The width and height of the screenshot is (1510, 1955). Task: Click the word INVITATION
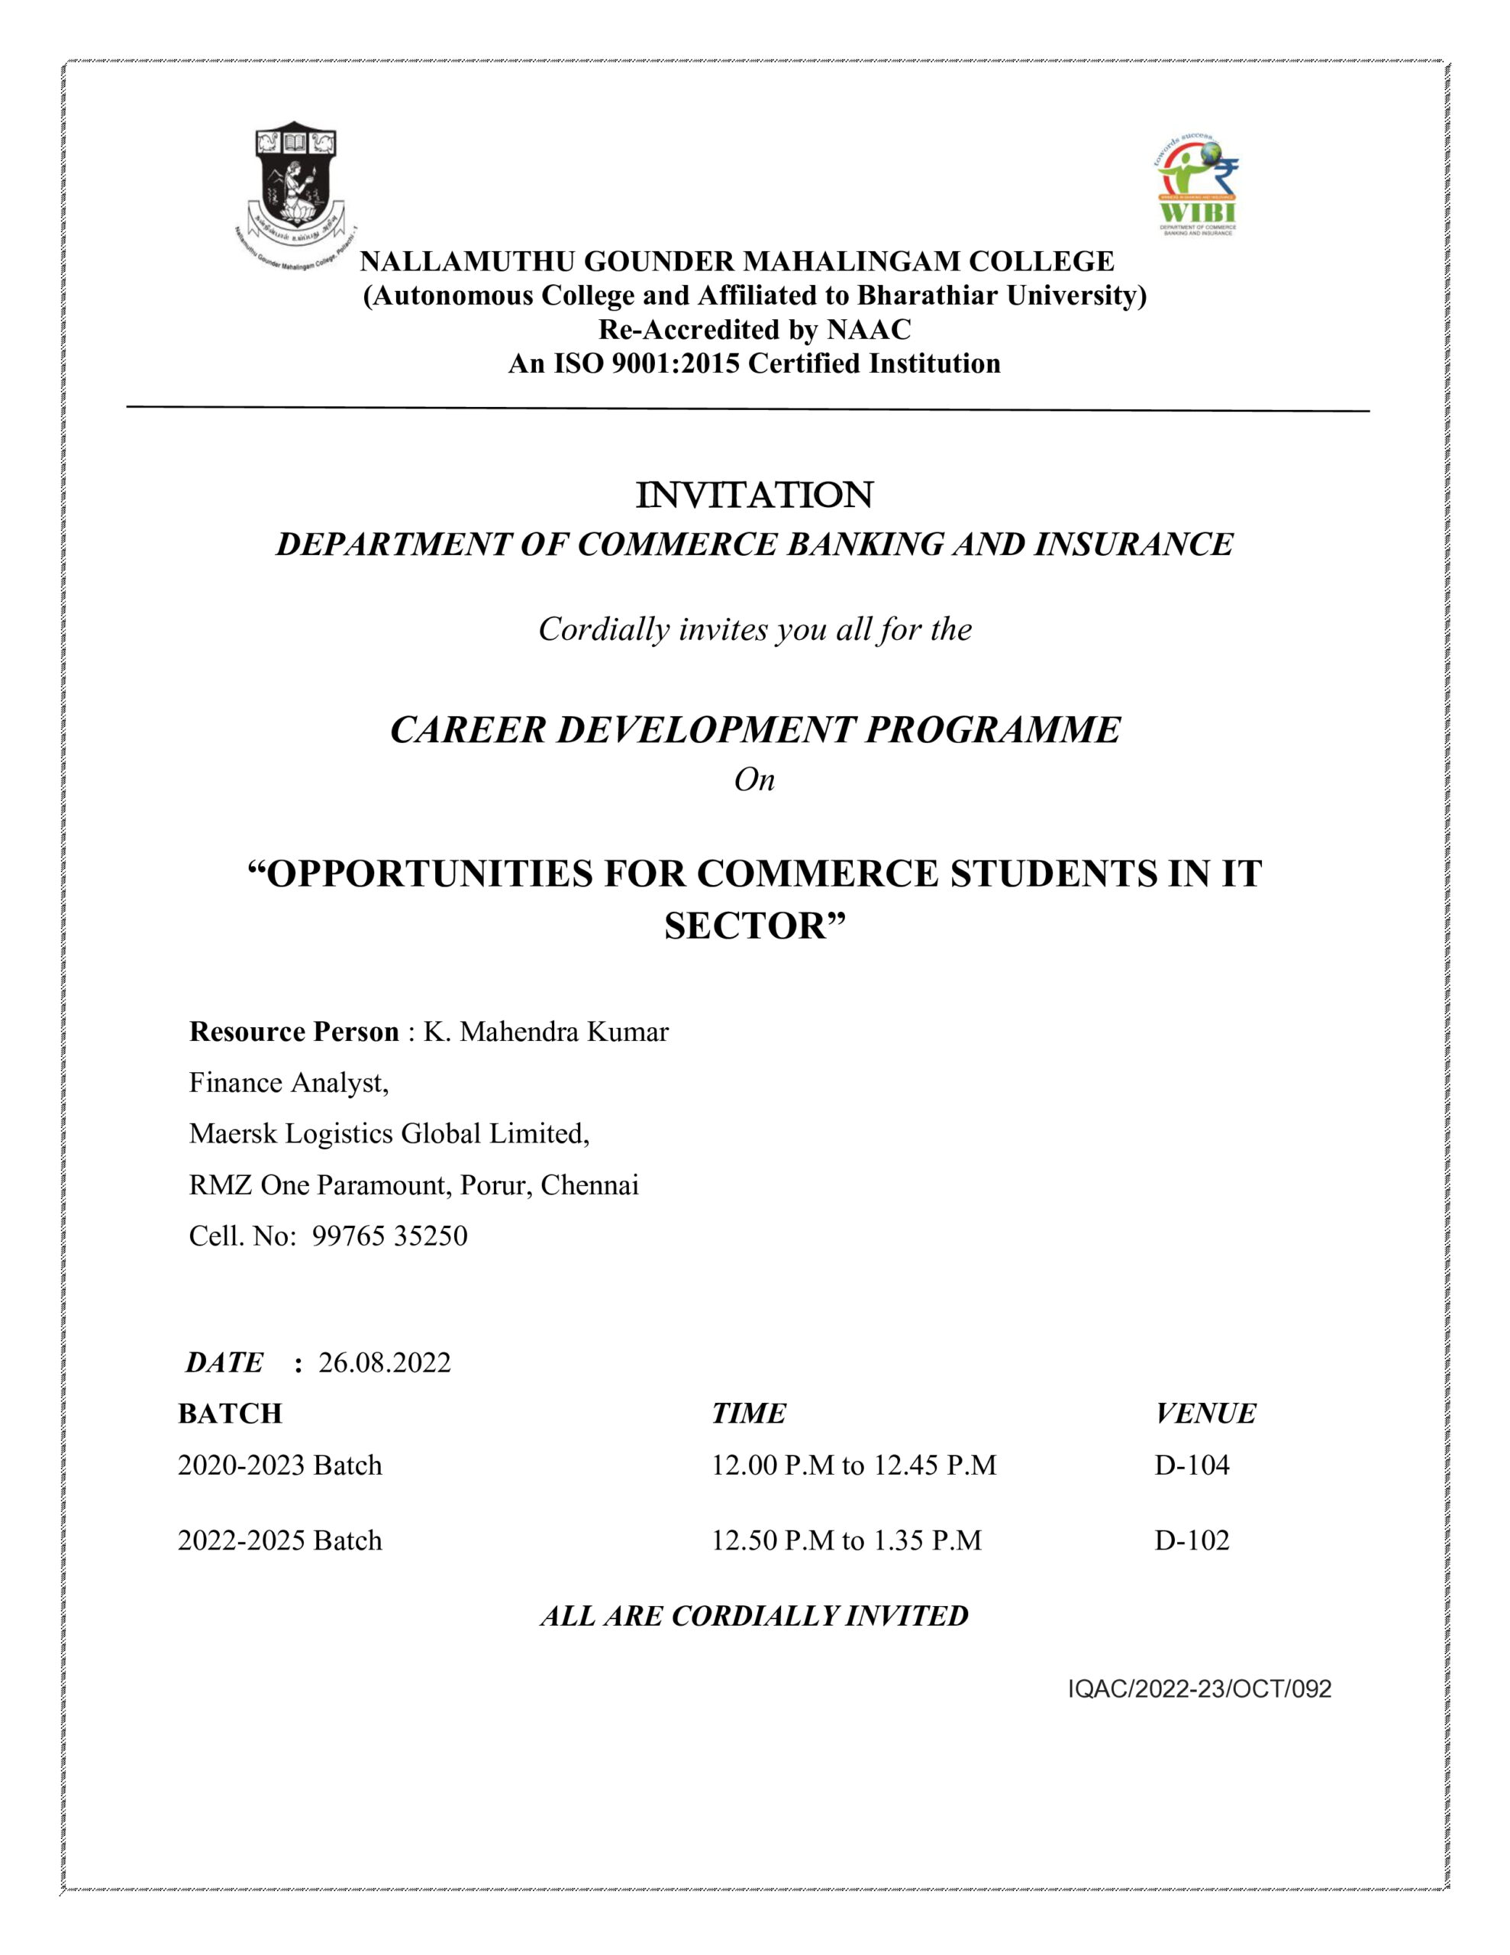(x=753, y=495)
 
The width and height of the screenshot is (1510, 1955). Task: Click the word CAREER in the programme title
(x=467, y=729)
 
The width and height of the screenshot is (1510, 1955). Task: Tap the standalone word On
(x=753, y=780)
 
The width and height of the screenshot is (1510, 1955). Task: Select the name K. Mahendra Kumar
(x=545, y=1032)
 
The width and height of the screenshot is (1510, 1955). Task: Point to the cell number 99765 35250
(x=389, y=1236)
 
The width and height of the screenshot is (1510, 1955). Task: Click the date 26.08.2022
(x=385, y=1362)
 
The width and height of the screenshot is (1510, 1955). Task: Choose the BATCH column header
(x=230, y=1414)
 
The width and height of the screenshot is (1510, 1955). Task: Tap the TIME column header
(x=748, y=1414)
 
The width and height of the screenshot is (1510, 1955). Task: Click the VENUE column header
(x=1205, y=1414)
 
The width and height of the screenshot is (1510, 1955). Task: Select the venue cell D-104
(x=1192, y=1465)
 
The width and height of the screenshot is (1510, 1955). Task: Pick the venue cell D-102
(x=1192, y=1540)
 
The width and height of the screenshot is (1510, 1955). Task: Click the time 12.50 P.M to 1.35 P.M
(x=846, y=1540)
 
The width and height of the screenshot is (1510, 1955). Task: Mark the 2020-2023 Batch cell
(x=279, y=1465)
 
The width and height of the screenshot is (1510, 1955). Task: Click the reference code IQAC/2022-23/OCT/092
(x=1199, y=1689)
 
